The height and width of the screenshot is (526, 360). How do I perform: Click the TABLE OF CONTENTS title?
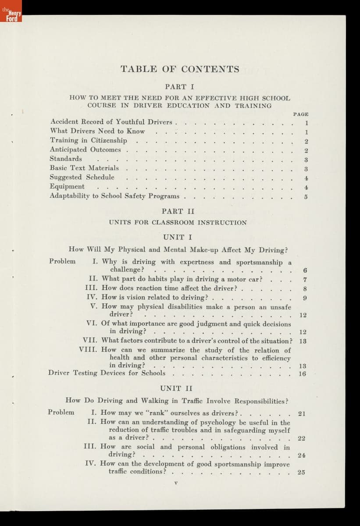180,69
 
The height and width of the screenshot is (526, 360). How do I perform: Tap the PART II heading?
178,211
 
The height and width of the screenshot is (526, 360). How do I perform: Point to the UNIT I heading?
178,237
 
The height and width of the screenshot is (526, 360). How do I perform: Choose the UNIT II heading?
177,388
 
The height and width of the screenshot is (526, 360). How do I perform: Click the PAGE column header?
300,114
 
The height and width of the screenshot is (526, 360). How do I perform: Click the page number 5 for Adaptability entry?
306,196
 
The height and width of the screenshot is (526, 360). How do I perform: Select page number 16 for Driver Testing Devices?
302,374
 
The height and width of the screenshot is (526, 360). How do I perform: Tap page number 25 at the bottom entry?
301,472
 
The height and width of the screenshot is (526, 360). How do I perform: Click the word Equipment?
67,186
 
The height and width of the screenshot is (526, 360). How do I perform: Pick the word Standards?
66,159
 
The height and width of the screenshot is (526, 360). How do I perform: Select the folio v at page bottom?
175,483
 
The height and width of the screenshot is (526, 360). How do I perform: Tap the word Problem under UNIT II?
61,412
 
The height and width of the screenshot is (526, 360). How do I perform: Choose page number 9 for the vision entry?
304,298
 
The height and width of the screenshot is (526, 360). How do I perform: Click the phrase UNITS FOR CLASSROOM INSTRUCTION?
178,223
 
